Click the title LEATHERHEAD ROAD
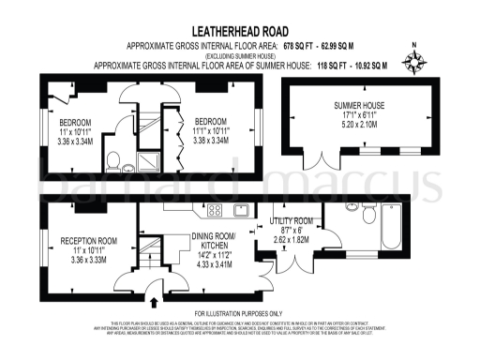pyautogui.click(x=239, y=31)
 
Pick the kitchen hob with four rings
pyautogui.click(x=214, y=209)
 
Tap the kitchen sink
pyautogui.click(x=241, y=209)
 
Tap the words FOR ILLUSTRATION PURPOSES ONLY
pyautogui.click(x=239, y=313)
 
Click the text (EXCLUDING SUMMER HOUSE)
pyautogui.click(x=239, y=54)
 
